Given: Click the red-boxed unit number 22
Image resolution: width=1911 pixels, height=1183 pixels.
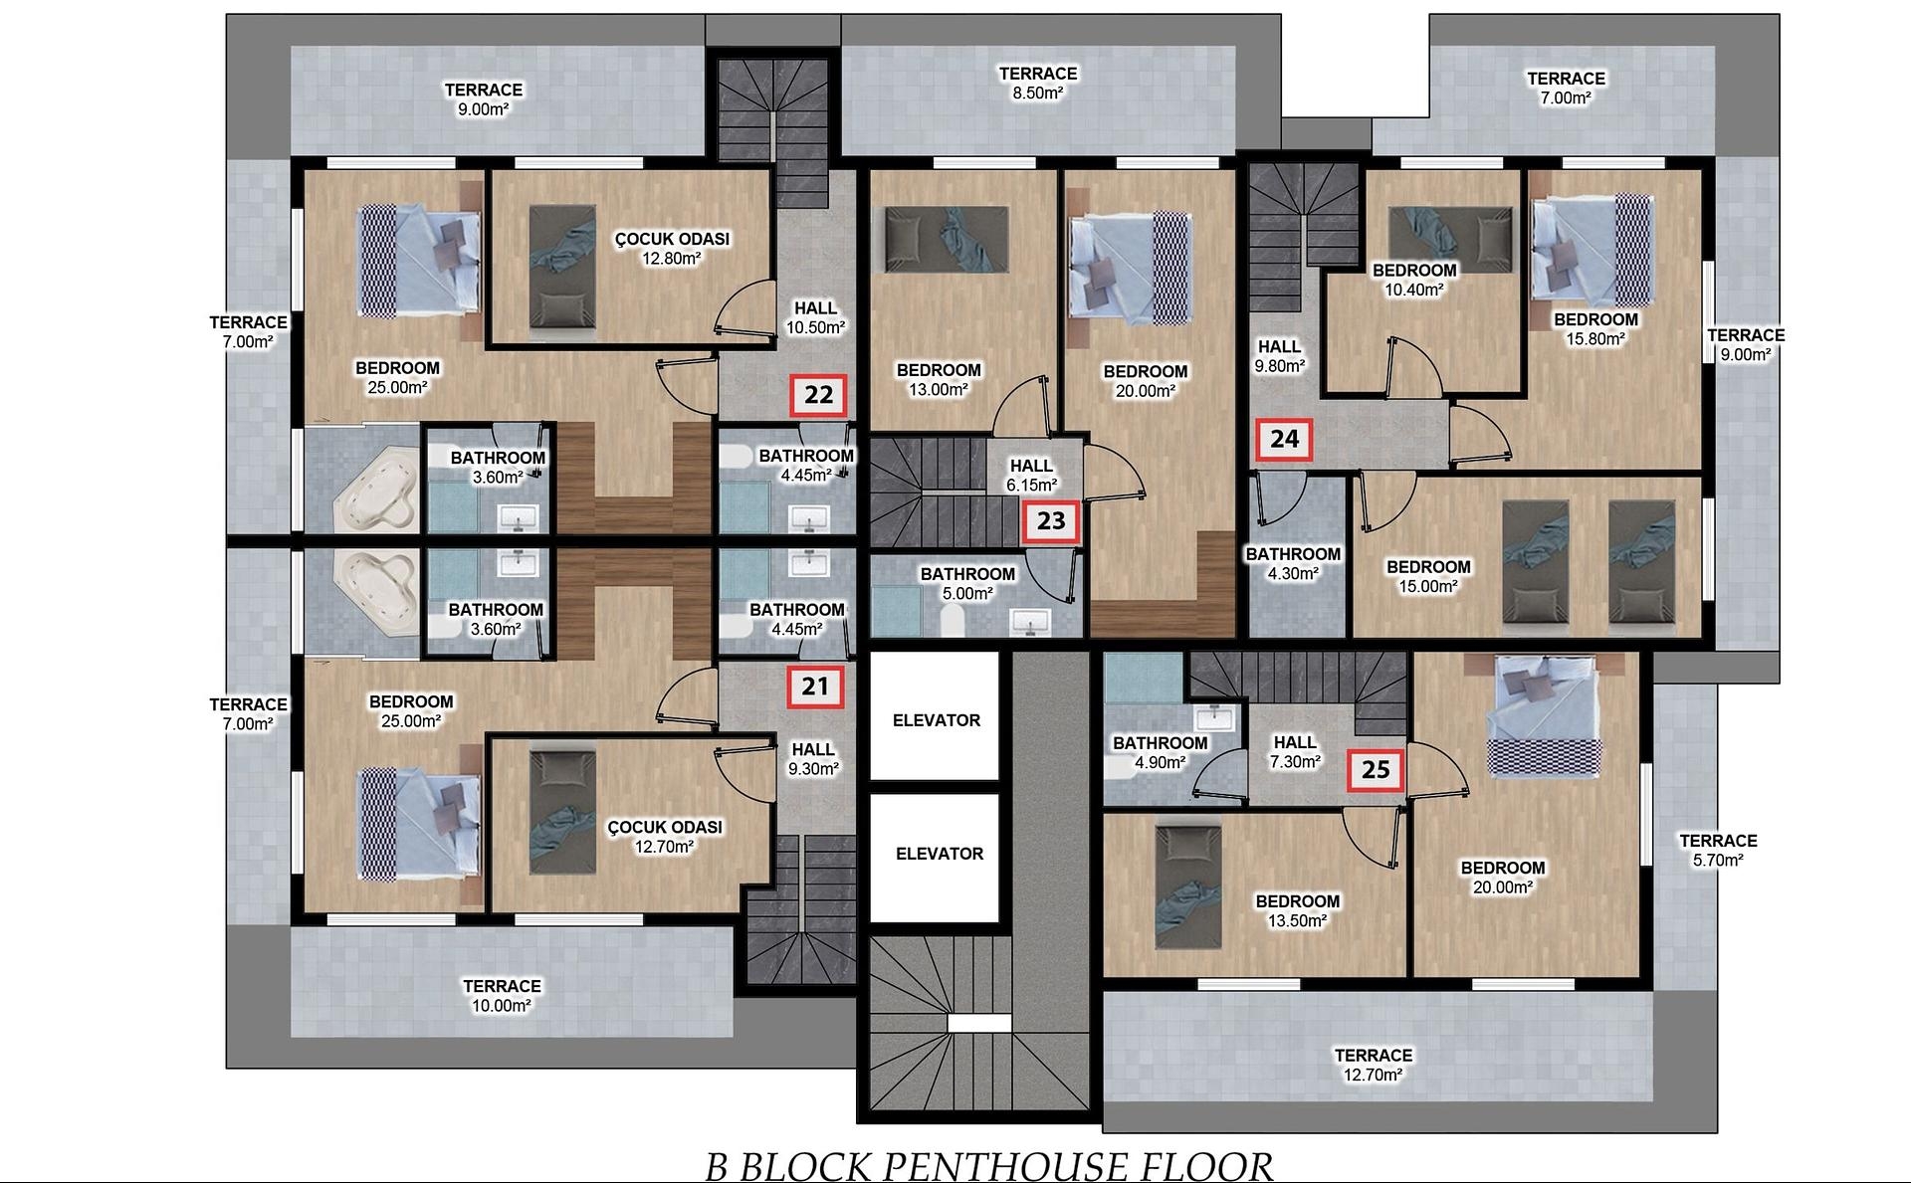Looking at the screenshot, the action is tap(818, 395).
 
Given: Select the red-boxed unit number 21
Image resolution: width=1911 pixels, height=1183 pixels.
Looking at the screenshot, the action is tap(815, 687).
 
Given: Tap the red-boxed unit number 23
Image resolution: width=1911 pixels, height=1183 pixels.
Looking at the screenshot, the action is tap(1051, 520).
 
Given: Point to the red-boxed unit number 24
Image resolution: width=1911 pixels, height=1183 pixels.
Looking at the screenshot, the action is tap(1284, 439).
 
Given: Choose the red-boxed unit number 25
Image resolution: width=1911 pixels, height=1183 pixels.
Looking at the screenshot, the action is tap(1376, 769).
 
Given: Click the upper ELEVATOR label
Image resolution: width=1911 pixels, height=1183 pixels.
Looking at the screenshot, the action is tap(937, 720).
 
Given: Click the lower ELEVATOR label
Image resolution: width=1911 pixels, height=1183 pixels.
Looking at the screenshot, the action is tap(940, 854).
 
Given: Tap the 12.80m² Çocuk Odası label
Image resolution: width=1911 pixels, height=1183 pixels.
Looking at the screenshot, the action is tap(672, 249).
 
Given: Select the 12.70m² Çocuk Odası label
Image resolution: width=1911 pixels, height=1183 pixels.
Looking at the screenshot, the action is tap(665, 837).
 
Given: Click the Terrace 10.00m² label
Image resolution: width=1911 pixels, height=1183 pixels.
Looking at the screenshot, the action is tap(502, 996).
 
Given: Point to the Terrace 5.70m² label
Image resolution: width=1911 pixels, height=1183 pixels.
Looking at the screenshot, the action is tap(1718, 851).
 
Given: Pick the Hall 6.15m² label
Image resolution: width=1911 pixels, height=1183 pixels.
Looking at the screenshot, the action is tap(1031, 475).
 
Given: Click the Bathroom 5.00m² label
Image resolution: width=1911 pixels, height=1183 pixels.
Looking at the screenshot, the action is tap(967, 584).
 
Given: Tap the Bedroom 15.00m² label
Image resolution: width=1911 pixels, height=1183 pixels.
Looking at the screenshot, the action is tap(1428, 577).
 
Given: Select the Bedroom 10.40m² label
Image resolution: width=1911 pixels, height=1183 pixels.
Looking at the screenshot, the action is tap(1414, 280).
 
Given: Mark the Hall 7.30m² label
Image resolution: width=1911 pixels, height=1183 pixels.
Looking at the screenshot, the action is tap(1295, 752).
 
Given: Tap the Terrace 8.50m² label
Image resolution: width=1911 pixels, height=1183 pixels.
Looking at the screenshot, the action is tap(1038, 83).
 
